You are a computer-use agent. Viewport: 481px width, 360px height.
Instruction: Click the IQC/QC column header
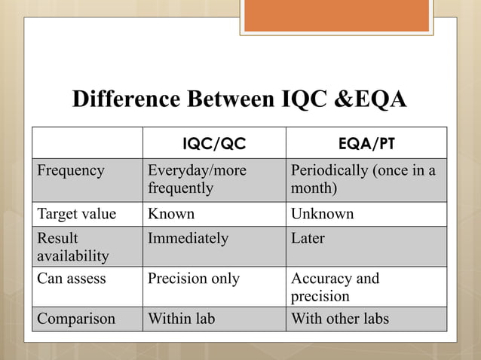click(214, 143)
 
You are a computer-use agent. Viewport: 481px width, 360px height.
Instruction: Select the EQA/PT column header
click(366, 143)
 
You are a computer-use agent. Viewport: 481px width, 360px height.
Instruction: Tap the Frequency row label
click(72, 171)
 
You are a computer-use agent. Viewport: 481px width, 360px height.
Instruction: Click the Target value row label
click(77, 214)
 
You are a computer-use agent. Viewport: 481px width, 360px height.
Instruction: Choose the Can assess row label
click(72, 279)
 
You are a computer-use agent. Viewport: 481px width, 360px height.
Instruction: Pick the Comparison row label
click(77, 319)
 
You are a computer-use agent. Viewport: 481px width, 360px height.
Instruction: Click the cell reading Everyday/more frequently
click(197, 179)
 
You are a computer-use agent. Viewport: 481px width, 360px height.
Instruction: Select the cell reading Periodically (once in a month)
click(363, 179)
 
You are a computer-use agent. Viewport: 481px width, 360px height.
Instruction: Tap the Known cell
click(171, 214)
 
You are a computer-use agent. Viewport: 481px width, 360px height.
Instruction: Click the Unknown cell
click(322, 214)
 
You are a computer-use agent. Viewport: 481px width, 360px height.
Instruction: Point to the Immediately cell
click(188, 239)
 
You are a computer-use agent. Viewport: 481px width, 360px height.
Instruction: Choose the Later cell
click(308, 239)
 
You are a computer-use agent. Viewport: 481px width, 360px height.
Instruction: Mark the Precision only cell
click(194, 279)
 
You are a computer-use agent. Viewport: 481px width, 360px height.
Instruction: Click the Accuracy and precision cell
click(335, 287)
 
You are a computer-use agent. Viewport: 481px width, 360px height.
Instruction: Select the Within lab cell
click(182, 319)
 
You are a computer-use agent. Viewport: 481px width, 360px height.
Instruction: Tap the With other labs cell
click(340, 319)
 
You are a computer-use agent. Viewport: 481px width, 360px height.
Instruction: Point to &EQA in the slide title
click(369, 100)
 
